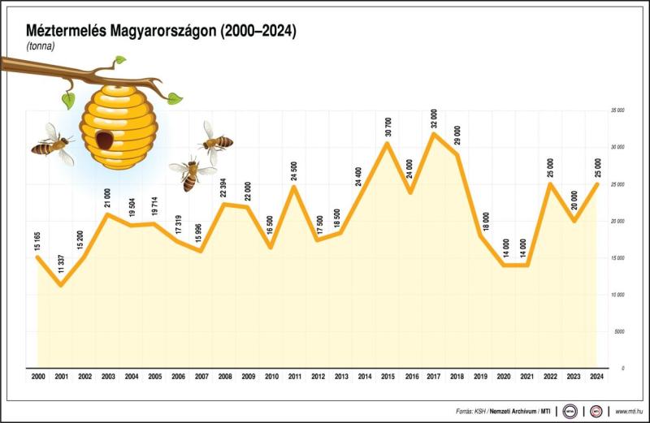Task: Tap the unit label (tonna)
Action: click(x=40, y=46)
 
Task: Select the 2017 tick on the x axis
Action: click(x=434, y=378)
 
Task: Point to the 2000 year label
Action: click(x=38, y=378)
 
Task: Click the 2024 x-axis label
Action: click(x=596, y=378)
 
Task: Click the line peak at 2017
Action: click(x=435, y=132)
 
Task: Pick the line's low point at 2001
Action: click(x=61, y=285)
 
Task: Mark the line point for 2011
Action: click(x=294, y=187)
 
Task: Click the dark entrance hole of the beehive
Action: click(x=105, y=139)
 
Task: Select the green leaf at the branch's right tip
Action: click(x=174, y=98)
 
